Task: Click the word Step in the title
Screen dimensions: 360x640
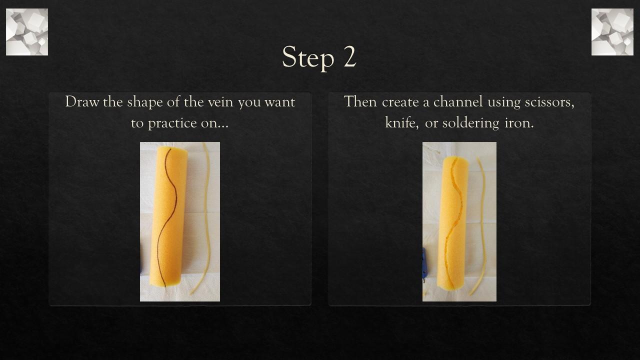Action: (x=307, y=57)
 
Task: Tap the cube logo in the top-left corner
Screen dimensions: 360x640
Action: (x=27, y=32)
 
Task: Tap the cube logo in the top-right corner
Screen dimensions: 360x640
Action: (x=612, y=32)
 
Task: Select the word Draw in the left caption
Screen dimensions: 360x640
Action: (x=82, y=101)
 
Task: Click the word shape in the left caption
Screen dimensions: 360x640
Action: (x=145, y=102)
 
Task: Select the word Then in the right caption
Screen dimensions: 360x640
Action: (x=360, y=101)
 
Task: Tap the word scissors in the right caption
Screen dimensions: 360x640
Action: (x=549, y=101)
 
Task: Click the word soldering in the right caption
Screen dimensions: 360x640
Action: (x=470, y=123)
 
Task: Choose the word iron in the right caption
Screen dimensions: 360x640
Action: (x=518, y=122)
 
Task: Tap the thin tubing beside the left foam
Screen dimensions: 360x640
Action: (x=206, y=215)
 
